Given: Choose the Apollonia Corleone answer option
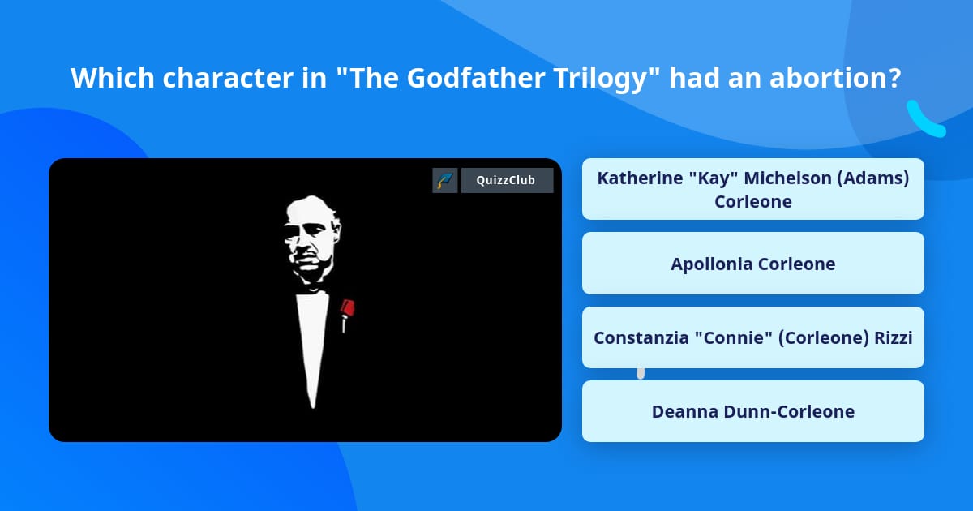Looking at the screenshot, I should coord(752,264).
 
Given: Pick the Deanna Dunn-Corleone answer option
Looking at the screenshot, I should coord(752,411).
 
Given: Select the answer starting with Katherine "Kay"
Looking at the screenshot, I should coord(752,189).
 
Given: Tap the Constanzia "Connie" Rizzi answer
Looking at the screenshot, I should coord(752,337).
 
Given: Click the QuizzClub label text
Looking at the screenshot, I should coord(507,180).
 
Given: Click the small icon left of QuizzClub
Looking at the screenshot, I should coord(444,180).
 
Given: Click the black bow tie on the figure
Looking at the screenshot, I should coord(311,289).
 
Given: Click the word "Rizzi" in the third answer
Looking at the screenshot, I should coord(893,337).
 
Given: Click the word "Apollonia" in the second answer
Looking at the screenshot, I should coord(711,264).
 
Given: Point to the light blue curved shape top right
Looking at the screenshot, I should coord(925,119).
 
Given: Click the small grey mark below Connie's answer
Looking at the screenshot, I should coord(641,373).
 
